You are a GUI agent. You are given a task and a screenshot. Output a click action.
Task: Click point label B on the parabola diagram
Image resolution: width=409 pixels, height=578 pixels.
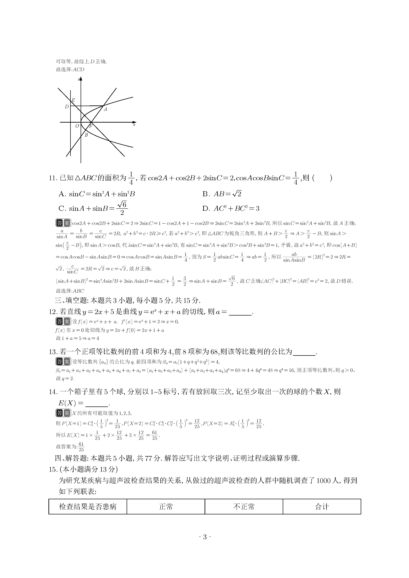coord(86,135)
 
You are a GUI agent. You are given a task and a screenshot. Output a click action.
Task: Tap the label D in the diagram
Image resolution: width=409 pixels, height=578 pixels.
coord(67,107)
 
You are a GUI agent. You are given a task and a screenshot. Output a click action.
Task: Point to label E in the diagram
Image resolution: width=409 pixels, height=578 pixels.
coord(73,100)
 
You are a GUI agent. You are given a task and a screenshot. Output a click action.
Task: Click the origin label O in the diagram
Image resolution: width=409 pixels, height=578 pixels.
coord(77,126)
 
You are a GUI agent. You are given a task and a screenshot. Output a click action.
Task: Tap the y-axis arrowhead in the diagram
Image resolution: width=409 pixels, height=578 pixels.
coord(81,79)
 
